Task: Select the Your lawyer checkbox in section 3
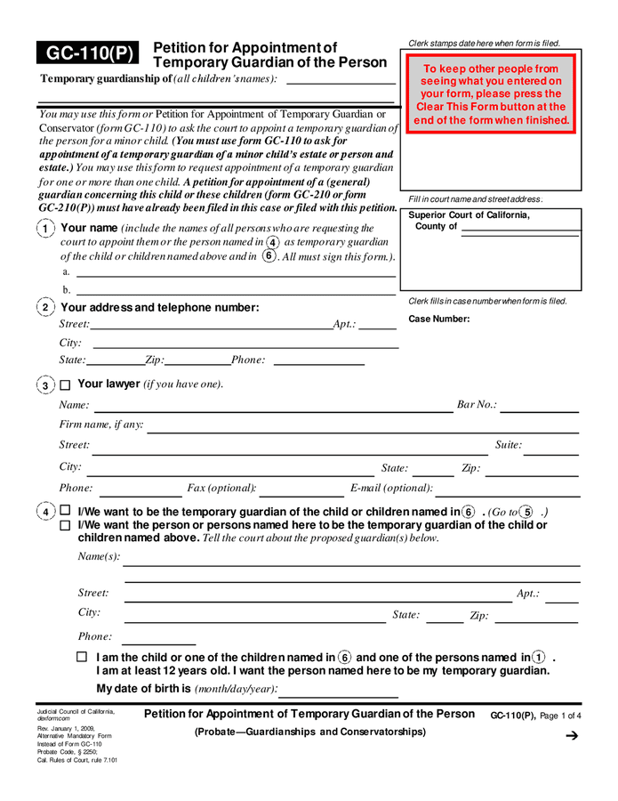(x=65, y=385)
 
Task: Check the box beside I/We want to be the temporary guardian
(x=65, y=512)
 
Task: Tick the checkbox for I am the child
(x=83, y=658)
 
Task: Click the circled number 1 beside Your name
(x=45, y=229)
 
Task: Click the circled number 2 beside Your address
(x=45, y=308)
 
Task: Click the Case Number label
(x=439, y=320)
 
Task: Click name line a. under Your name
(x=236, y=276)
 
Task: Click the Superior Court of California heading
(x=469, y=215)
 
